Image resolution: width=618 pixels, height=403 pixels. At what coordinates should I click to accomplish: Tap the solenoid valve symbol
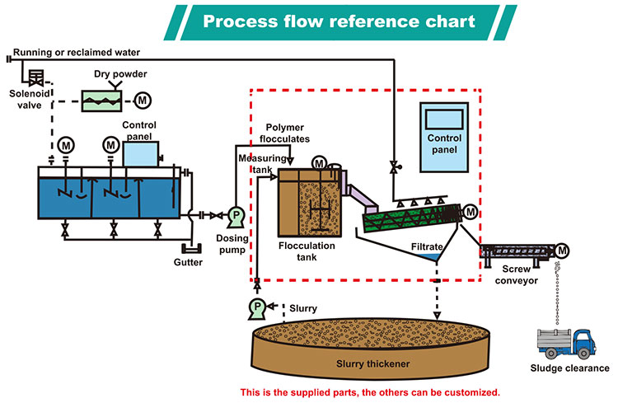coord(35,79)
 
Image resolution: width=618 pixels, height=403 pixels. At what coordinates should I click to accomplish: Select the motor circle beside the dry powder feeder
coord(143,100)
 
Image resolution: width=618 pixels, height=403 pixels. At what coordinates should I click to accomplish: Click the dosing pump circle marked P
coord(236,215)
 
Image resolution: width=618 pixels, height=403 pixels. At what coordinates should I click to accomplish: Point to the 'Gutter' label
coord(189,262)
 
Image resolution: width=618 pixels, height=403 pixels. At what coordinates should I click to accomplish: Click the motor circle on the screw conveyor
coord(562,250)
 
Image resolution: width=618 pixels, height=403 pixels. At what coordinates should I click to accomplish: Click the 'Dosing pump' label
coord(232,244)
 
